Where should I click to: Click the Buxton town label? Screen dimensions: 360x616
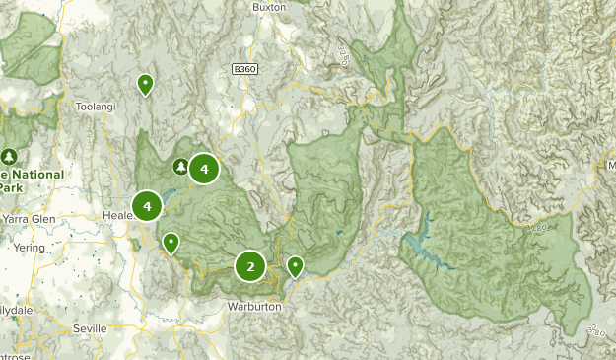click(269, 6)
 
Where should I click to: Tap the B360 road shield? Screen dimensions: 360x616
click(246, 69)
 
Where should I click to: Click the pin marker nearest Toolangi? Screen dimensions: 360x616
click(145, 84)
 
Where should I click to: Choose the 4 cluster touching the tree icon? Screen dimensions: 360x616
click(204, 170)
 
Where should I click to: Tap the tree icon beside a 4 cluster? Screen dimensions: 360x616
click(181, 167)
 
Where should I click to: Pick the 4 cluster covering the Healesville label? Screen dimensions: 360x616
click(147, 206)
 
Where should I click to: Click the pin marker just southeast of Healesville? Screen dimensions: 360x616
click(171, 242)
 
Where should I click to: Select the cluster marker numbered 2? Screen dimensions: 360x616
click(250, 266)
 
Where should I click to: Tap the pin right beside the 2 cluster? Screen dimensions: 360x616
click(295, 264)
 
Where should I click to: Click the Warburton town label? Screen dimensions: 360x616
click(254, 307)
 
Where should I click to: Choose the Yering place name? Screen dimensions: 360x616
click(29, 248)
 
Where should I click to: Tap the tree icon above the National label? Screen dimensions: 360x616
click(10, 156)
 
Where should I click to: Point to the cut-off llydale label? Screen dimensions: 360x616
click(16, 308)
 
